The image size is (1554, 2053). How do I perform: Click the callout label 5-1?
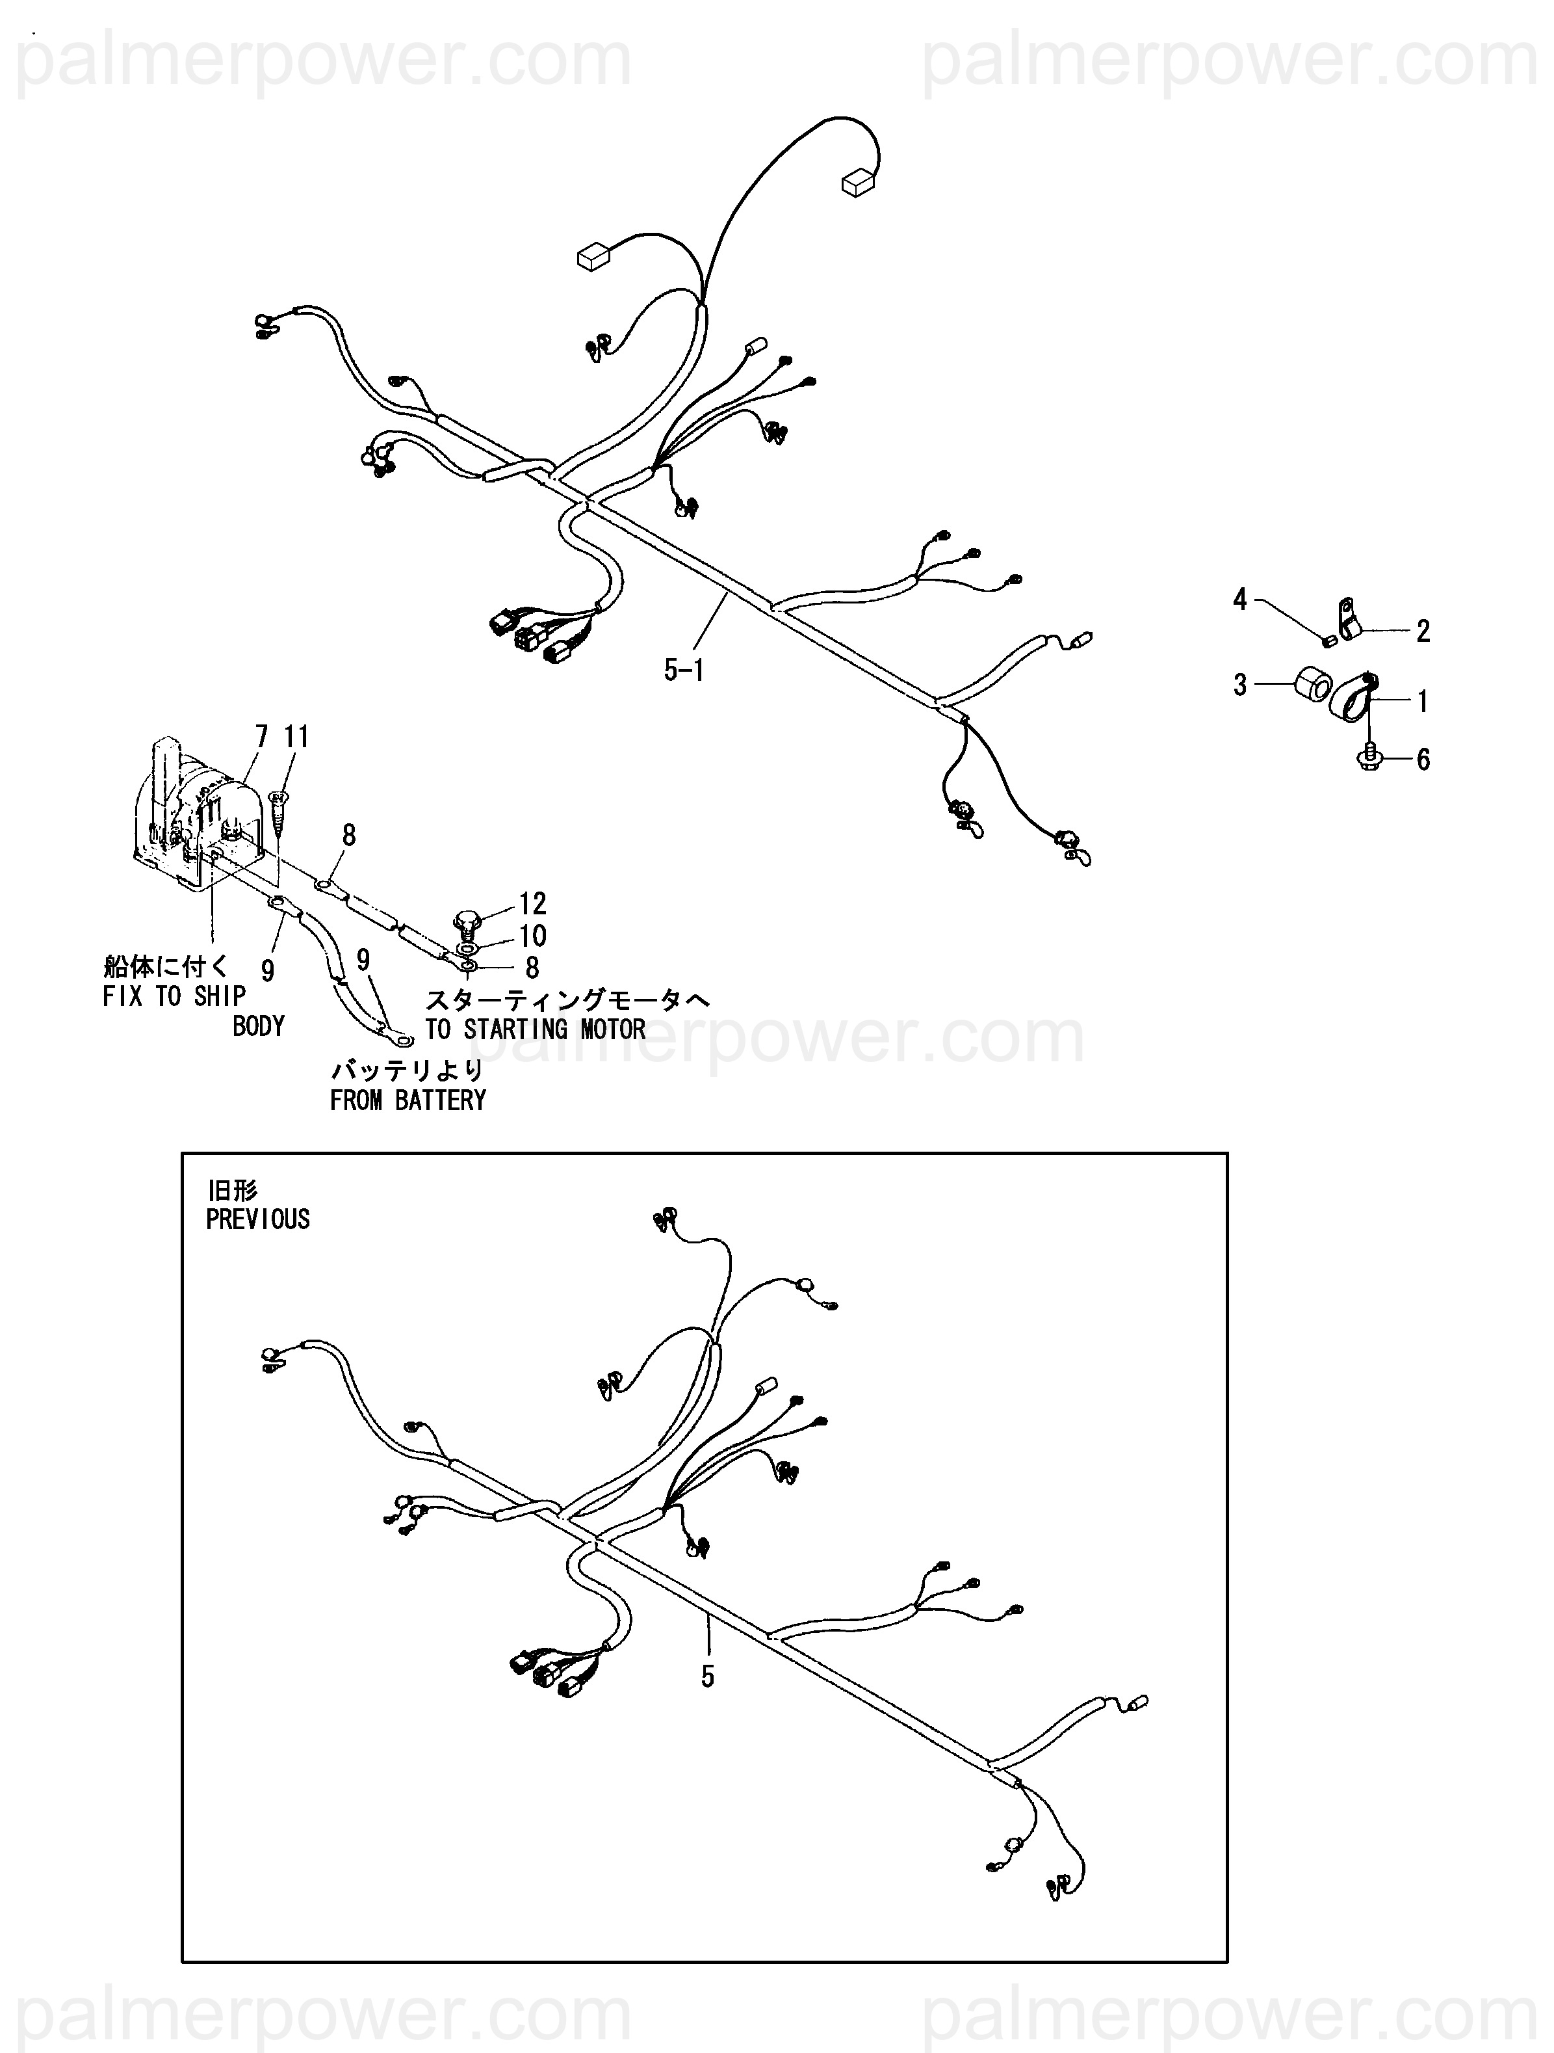tap(684, 669)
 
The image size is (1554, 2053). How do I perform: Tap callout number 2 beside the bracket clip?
tap(1422, 631)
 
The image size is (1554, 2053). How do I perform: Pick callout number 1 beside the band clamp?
tap(1422, 702)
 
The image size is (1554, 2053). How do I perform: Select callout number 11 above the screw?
tap(296, 736)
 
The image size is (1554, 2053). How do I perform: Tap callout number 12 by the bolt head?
tap(532, 903)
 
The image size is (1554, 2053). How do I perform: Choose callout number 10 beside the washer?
tap(532, 936)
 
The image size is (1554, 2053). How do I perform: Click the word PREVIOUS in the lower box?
tap(258, 1219)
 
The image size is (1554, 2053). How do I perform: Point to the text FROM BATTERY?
tap(408, 1101)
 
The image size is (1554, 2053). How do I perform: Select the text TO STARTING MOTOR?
tap(536, 1029)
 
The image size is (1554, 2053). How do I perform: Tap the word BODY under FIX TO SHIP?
tap(258, 1026)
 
